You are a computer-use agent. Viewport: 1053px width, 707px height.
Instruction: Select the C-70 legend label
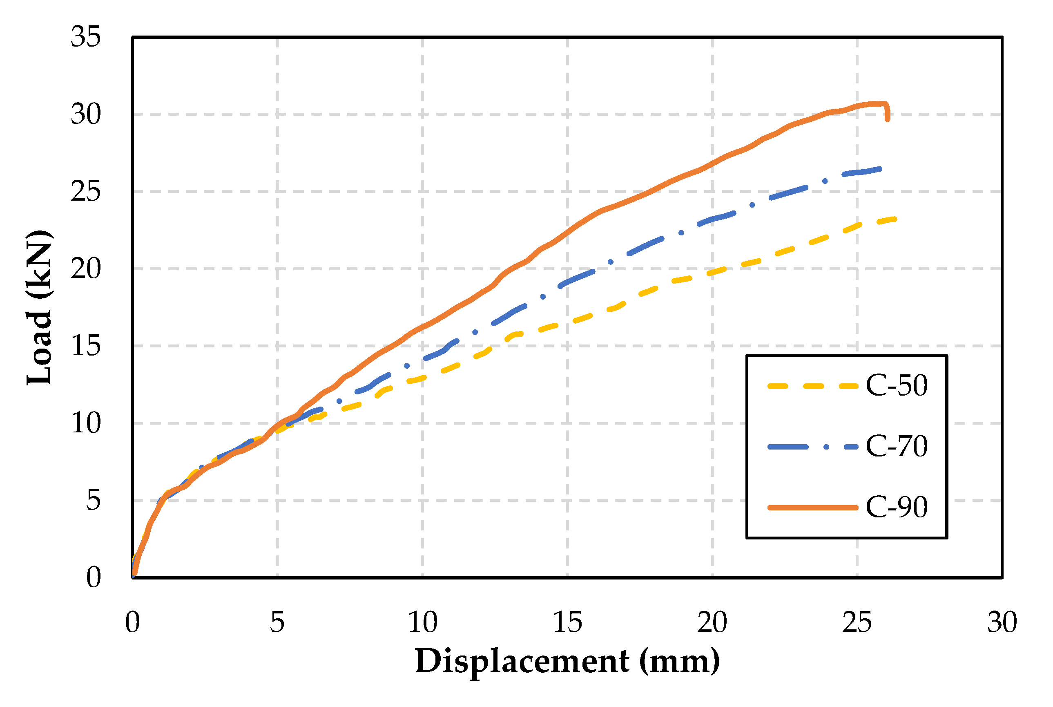click(x=896, y=446)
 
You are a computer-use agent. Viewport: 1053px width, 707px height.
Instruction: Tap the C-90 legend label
click(x=896, y=507)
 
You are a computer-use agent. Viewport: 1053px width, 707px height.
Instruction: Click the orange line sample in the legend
click(x=812, y=508)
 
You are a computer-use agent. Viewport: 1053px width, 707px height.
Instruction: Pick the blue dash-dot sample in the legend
click(x=812, y=447)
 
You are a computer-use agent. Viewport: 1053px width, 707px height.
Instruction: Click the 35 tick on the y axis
click(x=86, y=37)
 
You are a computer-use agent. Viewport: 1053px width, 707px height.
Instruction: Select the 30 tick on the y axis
click(x=86, y=114)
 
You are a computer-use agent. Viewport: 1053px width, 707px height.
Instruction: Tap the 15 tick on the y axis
click(x=86, y=346)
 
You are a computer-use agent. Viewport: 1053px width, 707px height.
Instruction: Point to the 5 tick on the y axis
click(x=93, y=501)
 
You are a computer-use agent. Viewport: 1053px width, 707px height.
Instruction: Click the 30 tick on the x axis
click(x=1002, y=623)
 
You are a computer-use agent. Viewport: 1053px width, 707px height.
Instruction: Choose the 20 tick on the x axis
click(x=712, y=623)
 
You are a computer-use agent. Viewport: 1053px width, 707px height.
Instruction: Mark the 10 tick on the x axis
click(x=422, y=623)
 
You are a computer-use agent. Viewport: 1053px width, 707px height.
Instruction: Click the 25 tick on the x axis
click(x=857, y=623)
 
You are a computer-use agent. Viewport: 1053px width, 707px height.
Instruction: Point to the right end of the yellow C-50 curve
click(x=895, y=219)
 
